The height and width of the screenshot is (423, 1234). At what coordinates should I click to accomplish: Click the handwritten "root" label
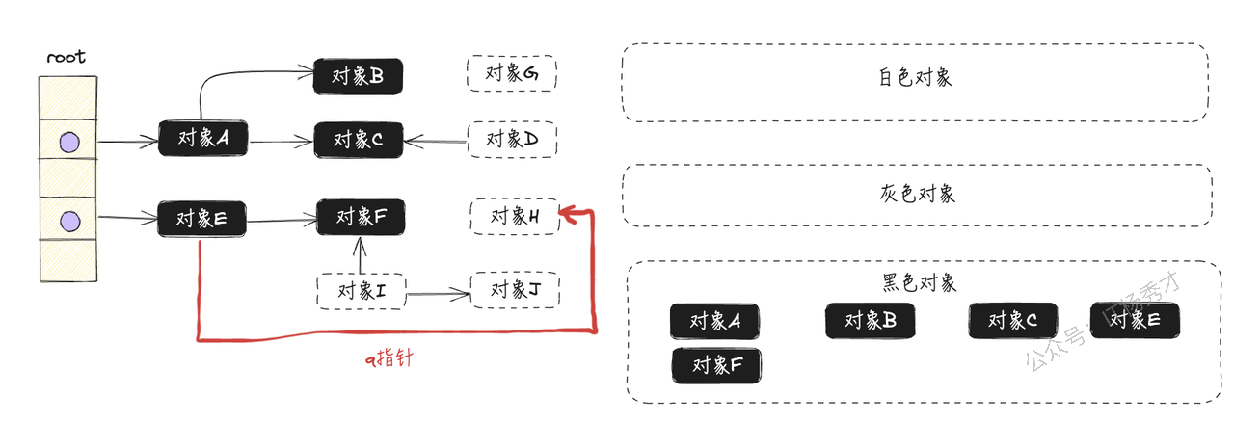pos(67,57)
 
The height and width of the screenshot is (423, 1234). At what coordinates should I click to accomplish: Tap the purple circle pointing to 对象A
pos(69,142)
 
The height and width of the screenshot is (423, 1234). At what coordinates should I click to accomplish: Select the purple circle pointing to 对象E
pos(70,222)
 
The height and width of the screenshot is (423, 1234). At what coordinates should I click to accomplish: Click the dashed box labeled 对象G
pos(512,73)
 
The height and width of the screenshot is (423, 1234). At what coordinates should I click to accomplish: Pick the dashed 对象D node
pos(512,140)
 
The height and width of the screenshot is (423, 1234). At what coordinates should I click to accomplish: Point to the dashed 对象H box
pos(515,217)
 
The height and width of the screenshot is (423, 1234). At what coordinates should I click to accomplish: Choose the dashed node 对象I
pos(362,291)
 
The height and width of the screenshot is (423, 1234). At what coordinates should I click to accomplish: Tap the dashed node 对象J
pos(515,290)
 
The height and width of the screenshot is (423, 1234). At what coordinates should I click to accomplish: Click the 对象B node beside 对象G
pos(358,76)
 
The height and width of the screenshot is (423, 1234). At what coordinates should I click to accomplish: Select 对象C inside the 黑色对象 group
pos(1013,321)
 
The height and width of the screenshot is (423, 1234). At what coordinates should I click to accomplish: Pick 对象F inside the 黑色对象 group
pos(716,365)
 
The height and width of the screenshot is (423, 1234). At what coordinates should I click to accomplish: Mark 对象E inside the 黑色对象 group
pos(1135,320)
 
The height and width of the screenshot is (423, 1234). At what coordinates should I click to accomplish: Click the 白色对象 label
pos(915,77)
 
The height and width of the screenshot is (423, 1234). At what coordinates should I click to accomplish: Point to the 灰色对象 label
pos(917,194)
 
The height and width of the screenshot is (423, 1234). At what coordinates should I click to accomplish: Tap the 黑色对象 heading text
pos(919,282)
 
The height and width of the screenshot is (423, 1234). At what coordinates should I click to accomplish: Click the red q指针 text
pos(389,358)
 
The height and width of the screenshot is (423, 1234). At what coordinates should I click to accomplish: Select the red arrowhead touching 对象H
pos(569,214)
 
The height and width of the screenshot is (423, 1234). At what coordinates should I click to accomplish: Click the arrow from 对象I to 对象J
pos(439,294)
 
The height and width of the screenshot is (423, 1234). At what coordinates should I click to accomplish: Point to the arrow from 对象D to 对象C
pos(435,142)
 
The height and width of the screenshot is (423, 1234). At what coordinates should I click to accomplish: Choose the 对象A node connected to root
pos(202,138)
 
